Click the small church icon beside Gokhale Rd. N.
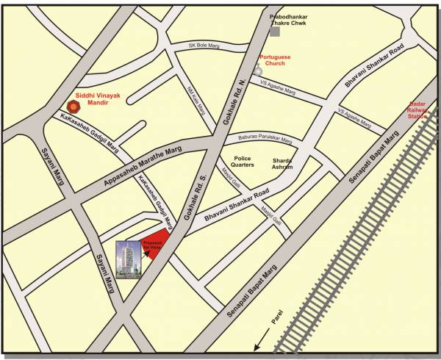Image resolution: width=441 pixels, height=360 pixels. [x=257, y=70]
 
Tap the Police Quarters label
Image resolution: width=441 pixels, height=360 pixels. [x=244, y=162]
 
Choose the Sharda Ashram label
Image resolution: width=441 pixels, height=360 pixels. [x=282, y=163]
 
